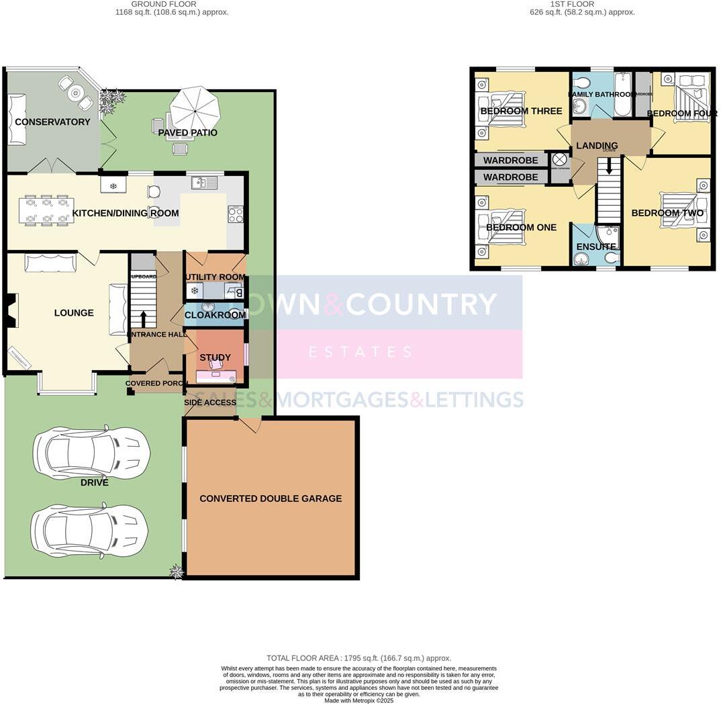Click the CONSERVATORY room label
[x=52, y=122]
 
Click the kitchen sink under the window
[x=204, y=182]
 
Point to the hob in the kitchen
[x=236, y=214]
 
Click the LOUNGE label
[x=74, y=312]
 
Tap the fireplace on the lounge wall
[x=10, y=311]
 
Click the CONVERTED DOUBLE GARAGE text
[x=271, y=498]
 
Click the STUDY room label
[x=215, y=357]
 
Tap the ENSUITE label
[x=595, y=247]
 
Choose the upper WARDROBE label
[x=511, y=161]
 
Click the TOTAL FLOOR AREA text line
[x=358, y=658]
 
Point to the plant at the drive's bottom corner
[x=176, y=571]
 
